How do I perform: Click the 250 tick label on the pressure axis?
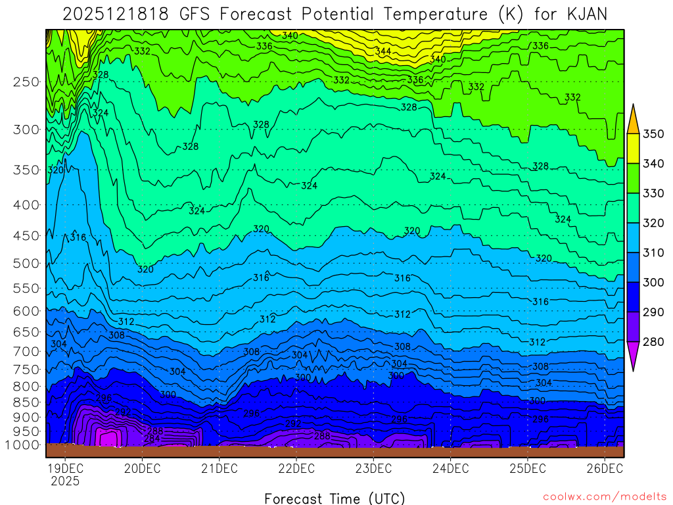pos(25,82)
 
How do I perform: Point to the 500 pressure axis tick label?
pos(25,264)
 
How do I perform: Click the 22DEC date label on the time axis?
pos(296,469)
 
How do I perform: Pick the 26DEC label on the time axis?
pos(604,469)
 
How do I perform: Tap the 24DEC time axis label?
pos(450,469)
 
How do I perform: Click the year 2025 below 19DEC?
pos(64,481)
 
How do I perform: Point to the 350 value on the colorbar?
pos(655,134)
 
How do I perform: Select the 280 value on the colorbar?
pos(655,342)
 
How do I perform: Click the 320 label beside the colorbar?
pos(655,224)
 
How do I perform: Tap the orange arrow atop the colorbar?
pos(634,119)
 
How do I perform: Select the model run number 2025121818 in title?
pos(116,13)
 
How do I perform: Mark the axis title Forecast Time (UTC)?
pos(335,498)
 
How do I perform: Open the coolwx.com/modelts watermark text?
pos(605,496)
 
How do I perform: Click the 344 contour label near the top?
pos(383,51)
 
